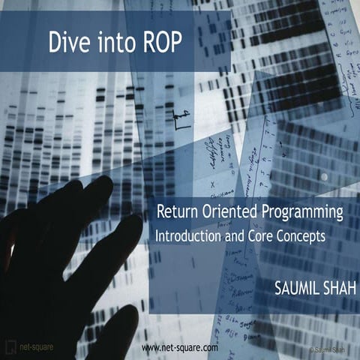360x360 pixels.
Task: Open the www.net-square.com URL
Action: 180,349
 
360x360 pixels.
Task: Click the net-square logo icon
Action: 10,348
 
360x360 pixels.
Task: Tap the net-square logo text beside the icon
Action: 36,349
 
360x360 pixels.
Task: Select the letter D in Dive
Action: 55,42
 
